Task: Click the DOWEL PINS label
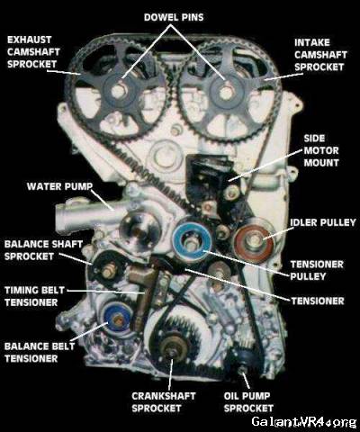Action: (x=174, y=17)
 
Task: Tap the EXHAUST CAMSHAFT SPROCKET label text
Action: (x=33, y=52)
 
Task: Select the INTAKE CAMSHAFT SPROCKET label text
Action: (x=320, y=55)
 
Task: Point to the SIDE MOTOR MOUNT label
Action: (x=321, y=150)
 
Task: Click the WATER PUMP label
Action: (x=59, y=186)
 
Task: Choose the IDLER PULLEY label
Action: (x=323, y=222)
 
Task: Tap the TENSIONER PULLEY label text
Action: (x=317, y=270)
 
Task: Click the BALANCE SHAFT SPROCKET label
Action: (x=43, y=250)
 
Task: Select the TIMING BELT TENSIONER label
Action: (x=34, y=296)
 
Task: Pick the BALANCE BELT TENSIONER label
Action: (x=40, y=352)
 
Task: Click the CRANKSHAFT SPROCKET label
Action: (x=164, y=402)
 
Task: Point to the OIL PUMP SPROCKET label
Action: (x=248, y=402)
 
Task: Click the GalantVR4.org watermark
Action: (x=304, y=421)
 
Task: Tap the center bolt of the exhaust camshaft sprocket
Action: (x=117, y=90)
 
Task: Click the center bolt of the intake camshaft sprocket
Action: (x=226, y=91)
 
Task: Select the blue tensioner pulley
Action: (x=192, y=241)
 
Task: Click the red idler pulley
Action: (x=254, y=239)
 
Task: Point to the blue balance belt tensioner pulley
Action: (x=118, y=320)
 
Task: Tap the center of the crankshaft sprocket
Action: (x=173, y=348)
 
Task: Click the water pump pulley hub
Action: (x=139, y=230)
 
